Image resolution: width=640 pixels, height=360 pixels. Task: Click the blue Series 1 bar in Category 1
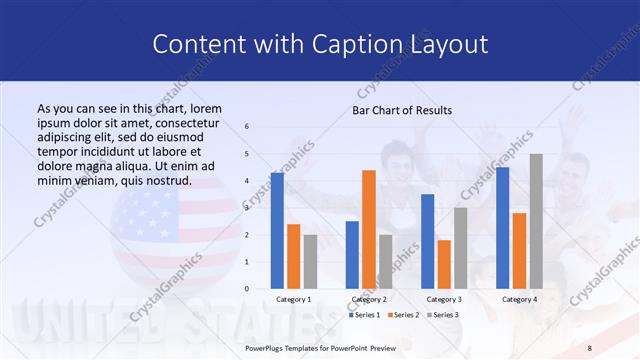point(277,231)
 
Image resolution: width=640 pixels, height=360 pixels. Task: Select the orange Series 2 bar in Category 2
point(369,229)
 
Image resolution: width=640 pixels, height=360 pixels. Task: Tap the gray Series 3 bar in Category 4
point(536,221)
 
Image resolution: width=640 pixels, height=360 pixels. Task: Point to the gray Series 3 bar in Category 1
point(310,262)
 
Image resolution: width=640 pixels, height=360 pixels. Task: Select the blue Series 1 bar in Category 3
point(427,241)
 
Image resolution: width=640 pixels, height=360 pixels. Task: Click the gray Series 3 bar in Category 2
point(386,262)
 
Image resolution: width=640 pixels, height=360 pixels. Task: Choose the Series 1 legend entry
point(365,315)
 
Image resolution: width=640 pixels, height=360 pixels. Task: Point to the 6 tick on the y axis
point(247,127)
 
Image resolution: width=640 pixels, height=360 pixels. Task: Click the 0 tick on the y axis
point(247,289)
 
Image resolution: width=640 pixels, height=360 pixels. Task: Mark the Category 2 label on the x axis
point(368,299)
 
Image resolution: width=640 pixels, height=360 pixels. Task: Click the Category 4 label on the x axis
point(519,299)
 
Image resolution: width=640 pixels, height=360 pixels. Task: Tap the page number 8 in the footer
point(589,347)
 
